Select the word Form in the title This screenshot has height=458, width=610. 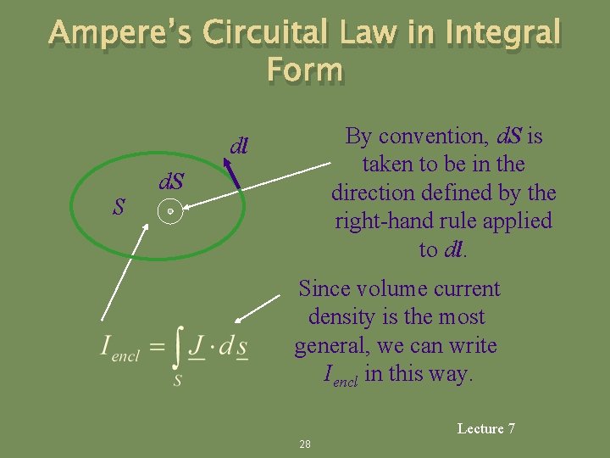304,70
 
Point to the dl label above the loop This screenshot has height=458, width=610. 239,146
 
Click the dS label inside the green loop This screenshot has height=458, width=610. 173,182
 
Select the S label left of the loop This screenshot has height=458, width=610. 120,206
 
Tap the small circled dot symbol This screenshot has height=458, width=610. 170,211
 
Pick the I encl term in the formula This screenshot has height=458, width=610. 119,347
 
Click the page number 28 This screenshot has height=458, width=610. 305,444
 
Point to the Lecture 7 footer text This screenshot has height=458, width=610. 485,428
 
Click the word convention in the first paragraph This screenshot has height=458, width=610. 418,136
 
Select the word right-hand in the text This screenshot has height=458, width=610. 385,221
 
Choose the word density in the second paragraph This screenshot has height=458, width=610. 341,317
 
